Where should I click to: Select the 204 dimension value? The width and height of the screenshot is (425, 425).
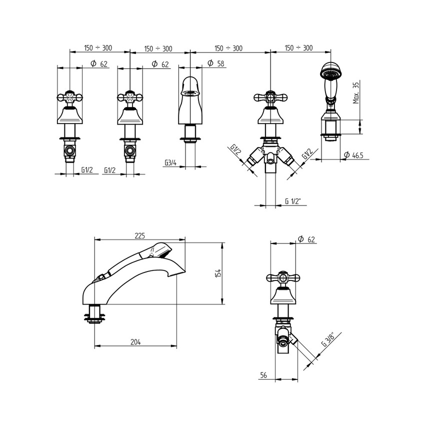pyautogui.click(x=135, y=342)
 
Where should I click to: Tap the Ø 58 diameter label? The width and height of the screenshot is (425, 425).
pyautogui.click(x=213, y=63)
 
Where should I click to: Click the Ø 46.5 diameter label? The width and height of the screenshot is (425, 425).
pyautogui.click(x=353, y=156)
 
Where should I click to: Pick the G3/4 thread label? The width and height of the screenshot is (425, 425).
pyautogui.click(x=171, y=163)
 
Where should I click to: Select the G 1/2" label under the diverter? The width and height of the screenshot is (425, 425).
pyautogui.click(x=295, y=201)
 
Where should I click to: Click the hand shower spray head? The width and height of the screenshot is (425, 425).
pyautogui.click(x=329, y=72)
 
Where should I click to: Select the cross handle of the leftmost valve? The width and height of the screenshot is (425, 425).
pyautogui.click(x=69, y=96)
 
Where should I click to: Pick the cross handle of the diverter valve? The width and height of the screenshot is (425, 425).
pyautogui.click(x=270, y=96)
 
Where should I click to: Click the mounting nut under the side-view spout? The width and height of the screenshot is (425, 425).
pyautogui.click(x=96, y=315)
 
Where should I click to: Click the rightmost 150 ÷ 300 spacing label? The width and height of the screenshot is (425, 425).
pyautogui.click(x=298, y=48)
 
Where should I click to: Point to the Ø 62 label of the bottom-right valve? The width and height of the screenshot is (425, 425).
pyautogui.click(x=305, y=239)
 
